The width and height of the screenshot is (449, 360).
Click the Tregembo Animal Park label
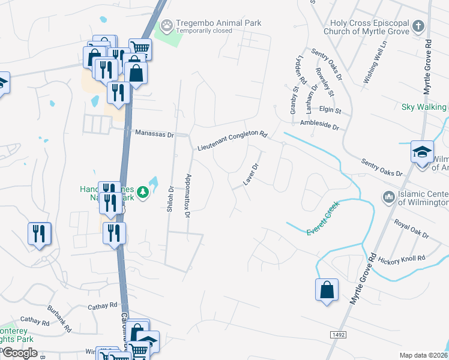(x=218, y=23)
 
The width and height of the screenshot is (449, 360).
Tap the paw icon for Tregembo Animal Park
(x=166, y=26)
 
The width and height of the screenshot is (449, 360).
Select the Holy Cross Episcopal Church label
(x=366, y=26)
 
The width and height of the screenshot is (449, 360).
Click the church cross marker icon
(x=418, y=26)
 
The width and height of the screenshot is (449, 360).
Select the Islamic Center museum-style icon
(x=388, y=196)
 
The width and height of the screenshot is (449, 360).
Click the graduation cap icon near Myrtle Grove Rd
(x=422, y=151)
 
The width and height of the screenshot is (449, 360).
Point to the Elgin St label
(x=330, y=111)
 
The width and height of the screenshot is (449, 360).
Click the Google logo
(x=19, y=352)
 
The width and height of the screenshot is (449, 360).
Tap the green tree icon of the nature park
(x=143, y=192)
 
